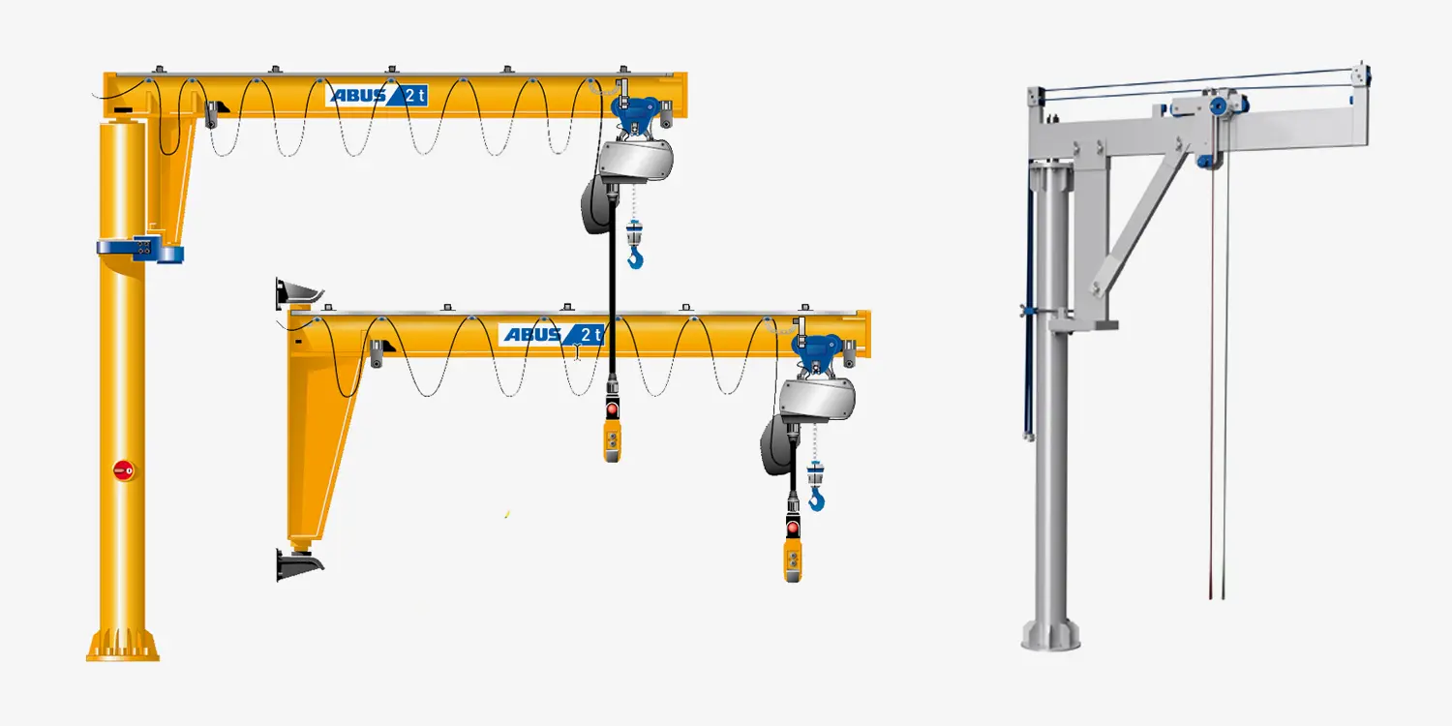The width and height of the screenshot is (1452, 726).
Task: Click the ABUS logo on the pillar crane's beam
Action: pos(376,95)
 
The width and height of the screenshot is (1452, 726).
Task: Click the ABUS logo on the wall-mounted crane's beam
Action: pos(552,335)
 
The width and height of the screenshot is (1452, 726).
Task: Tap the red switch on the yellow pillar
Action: pos(123,469)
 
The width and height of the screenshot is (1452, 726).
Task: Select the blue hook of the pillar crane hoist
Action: pos(635,259)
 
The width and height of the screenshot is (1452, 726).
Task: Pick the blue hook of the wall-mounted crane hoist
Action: pos(816,499)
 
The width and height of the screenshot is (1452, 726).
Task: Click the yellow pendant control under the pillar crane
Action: pos(612,440)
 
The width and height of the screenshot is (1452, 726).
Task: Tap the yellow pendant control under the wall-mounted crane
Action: pos(792,560)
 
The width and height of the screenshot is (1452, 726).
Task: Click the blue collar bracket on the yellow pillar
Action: pos(140,249)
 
